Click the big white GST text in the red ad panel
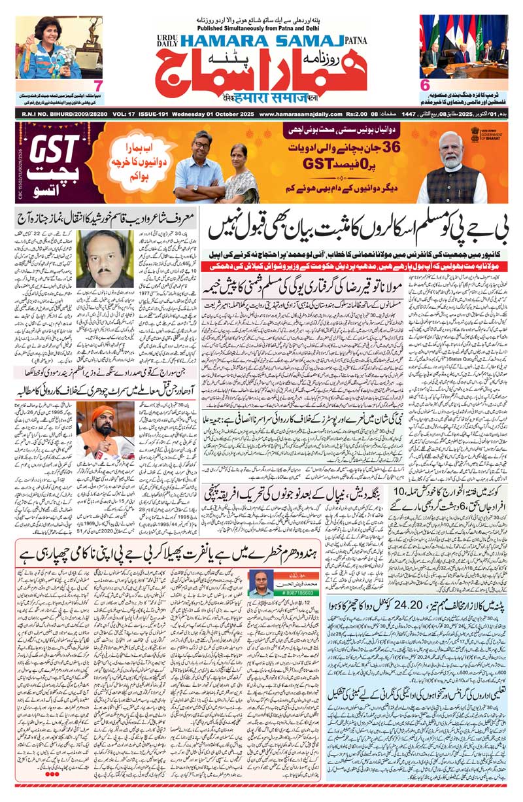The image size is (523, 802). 56,150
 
